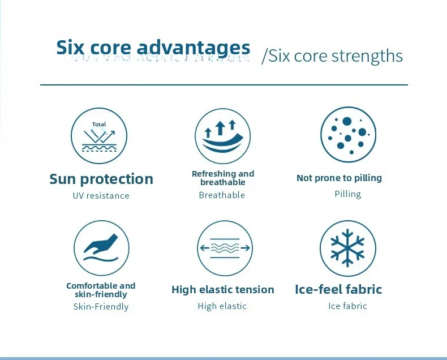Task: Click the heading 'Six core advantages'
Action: pos(153,47)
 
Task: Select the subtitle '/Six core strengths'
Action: pos(332,55)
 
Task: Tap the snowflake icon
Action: pos(347,248)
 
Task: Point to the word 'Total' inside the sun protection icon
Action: pos(99,125)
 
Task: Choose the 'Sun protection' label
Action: pos(101,179)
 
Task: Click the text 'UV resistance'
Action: pos(101,196)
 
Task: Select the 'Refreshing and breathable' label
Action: pos(223,178)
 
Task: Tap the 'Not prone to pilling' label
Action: pos(339,178)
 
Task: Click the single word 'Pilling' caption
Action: pos(348,194)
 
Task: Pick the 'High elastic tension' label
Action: pos(222,290)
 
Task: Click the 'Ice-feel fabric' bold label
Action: pos(338,289)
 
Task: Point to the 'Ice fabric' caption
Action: pos(347,306)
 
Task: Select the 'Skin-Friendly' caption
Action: pos(101,307)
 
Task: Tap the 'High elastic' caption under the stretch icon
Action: pos(222,306)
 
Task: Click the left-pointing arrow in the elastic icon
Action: pos(205,247)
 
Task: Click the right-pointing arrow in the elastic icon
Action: pos(245,248)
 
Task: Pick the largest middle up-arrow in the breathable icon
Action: pos(220,128)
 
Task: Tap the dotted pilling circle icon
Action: pos(348,135)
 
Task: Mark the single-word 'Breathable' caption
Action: pos(222,195)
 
